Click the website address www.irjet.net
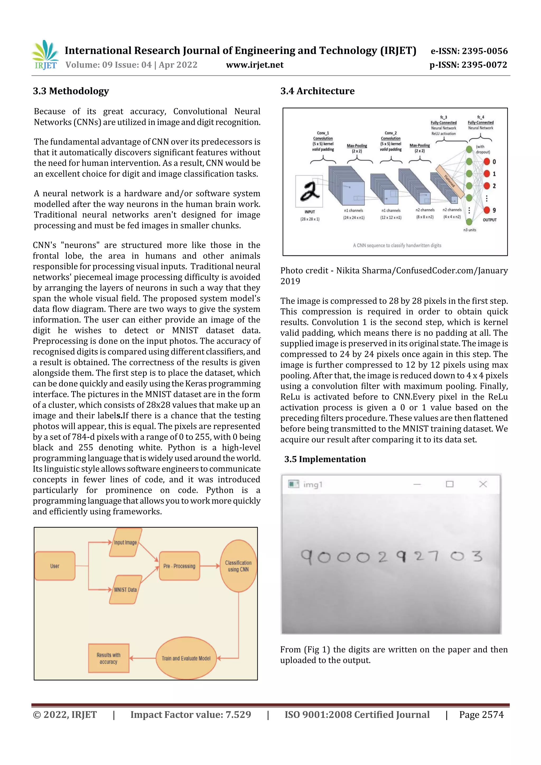[x=255, y=65]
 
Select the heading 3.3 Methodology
[x=71, y=91]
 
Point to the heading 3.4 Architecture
[x=317, y=91]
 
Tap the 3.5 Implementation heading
[x=325, y=459]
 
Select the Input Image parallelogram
[x=125, y=542]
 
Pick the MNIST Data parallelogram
[x=125, y=589]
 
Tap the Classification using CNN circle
[x=238, y=566]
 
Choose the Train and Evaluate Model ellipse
[x=186, y=658]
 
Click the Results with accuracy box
[x=108, y=658]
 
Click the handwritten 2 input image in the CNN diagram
[x=309, y=191]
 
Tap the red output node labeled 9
[x=487, y=210]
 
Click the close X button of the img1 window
[x=483, y=484]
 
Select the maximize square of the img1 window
[x=450, y=484]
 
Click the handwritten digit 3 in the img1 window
[x=477, y=556]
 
